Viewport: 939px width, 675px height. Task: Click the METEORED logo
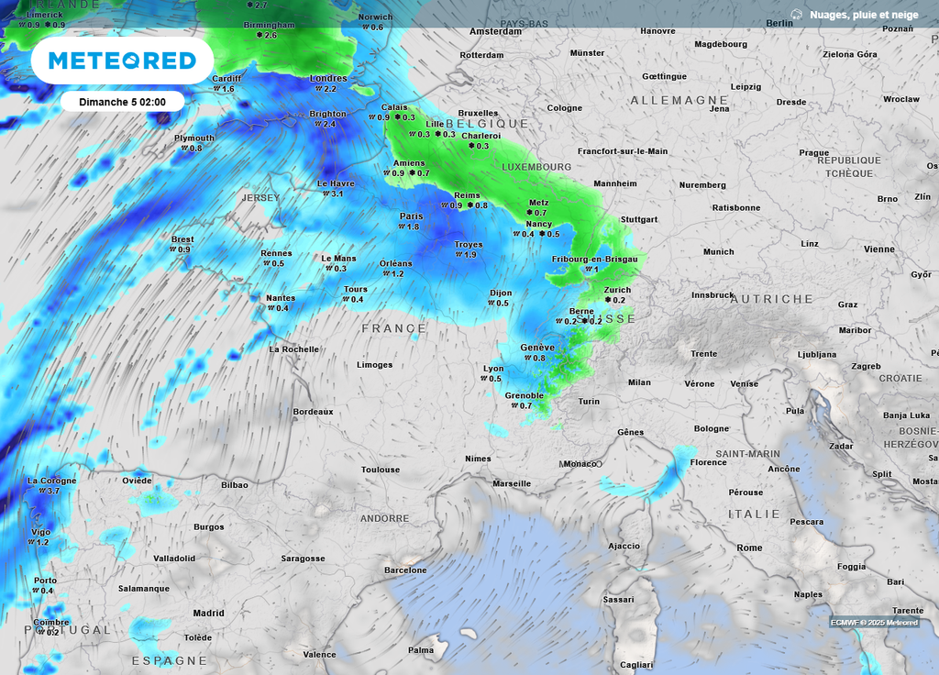point(122,61)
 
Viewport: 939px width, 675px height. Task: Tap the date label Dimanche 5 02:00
point(122,101)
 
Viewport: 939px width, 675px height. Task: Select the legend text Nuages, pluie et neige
point(862,15)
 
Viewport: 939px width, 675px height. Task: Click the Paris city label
point(411,216)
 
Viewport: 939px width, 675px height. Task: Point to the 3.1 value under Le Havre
point(337,194)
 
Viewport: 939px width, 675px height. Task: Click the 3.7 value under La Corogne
point(52,492)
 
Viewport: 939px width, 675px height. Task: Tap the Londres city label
point(329,79)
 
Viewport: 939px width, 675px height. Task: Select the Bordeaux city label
point(313,412)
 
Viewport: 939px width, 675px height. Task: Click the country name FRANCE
point(394,328)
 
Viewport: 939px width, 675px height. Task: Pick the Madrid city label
point(208,614)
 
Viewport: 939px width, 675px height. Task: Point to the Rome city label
point(749,548)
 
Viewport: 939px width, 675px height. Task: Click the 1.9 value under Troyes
point(470,255)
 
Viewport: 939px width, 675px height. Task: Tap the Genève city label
point(537,348)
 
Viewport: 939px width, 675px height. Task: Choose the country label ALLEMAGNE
point(679,100)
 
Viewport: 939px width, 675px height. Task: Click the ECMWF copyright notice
point(874,623)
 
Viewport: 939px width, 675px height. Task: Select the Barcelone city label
point(405,570)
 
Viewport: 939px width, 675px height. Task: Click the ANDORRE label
point(384,519)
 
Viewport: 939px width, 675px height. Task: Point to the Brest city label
point(182,239)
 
